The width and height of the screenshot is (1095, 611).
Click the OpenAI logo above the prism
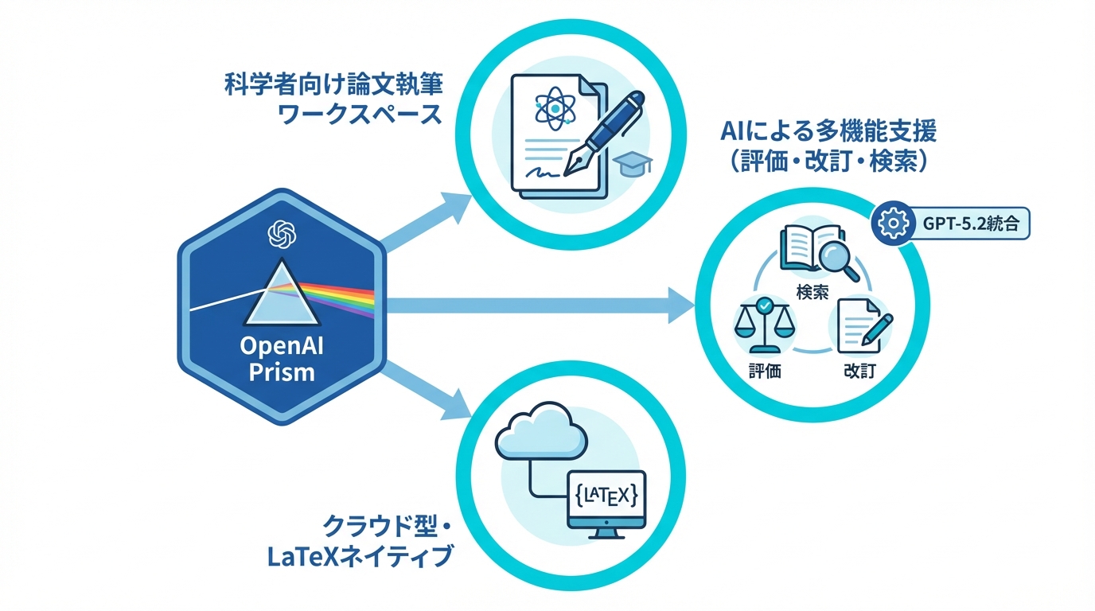[x=282, y=235]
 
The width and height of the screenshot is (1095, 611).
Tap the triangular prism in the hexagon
[x=282, y=297]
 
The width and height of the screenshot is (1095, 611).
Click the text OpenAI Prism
[x=282, y=360]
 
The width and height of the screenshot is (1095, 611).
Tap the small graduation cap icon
[x=633, y=164]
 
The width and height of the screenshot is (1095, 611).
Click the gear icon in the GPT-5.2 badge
[x=893, y=224]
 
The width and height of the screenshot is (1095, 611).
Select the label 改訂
[x=860, y=371]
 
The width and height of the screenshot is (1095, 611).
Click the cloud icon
[x=542, y=433]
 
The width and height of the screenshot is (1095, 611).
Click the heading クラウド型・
[x=387, y=526]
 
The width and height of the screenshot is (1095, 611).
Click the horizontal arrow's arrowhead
[x=681, y=305]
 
